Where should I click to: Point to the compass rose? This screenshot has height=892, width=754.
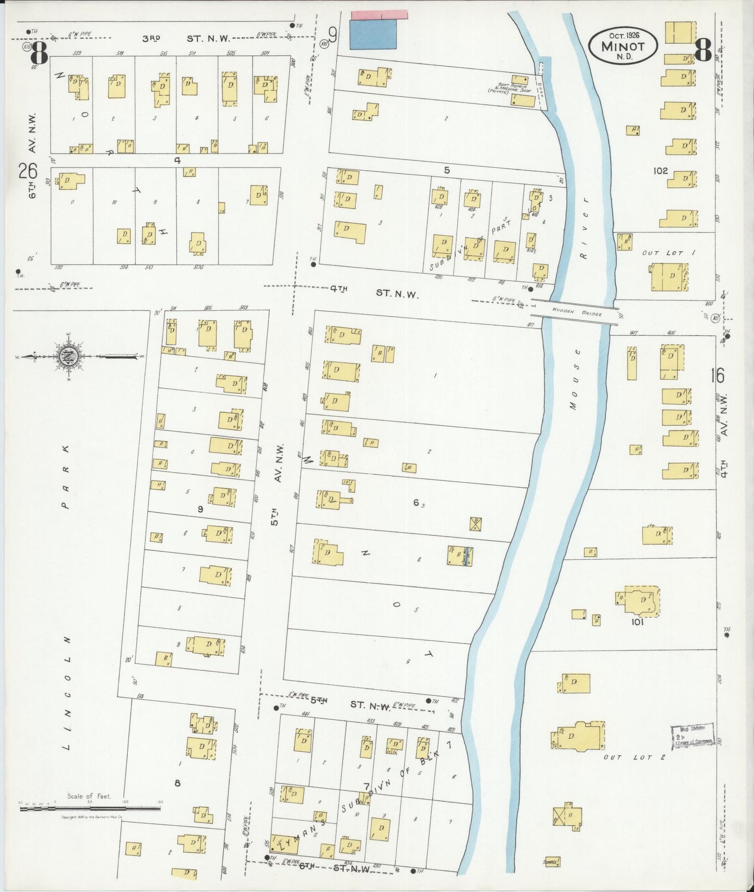click(x=68, y=357)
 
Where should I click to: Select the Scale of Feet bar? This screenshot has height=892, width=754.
click(x=90, y=808)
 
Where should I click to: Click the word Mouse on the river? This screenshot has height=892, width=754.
click(x=574, y=379)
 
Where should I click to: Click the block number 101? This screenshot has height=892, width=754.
click(x=637, y=622)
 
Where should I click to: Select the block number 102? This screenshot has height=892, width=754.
click(x=661, y=171)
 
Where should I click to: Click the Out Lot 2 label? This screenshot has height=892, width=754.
click(x=635, y=756)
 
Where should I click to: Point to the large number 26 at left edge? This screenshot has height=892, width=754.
click(x=28, y=171)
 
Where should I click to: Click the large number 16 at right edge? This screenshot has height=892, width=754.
click(x=717, y=376)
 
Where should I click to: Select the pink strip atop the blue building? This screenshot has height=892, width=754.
click(x=379, y=15)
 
